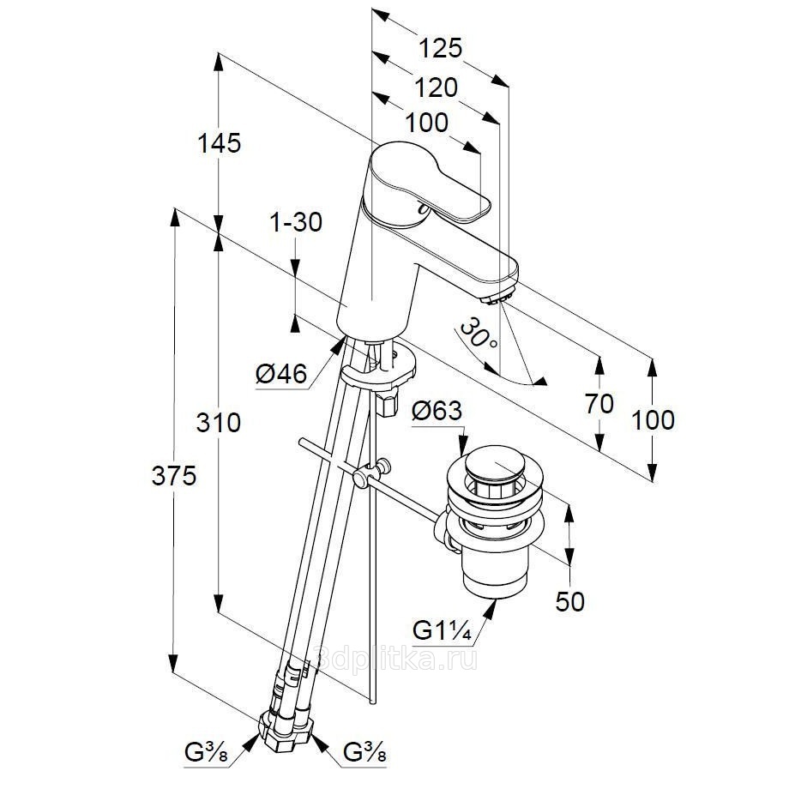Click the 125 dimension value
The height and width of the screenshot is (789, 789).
(441, 47)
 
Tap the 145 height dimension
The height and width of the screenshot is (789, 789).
(219, 143)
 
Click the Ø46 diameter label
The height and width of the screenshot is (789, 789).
(280, 374)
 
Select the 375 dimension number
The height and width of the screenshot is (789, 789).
(175, 477)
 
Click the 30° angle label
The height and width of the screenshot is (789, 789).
(477, 334)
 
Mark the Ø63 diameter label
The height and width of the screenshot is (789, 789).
(437, 413)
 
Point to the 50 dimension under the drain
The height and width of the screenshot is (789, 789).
(569, 601)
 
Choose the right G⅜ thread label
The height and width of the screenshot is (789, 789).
(365, 756)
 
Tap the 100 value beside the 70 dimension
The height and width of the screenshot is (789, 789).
(653, 420)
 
